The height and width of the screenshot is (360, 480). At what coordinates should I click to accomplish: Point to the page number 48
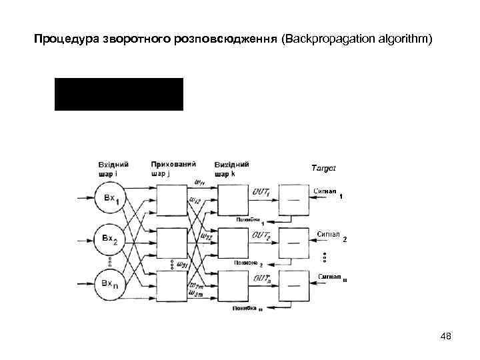pos(446,337)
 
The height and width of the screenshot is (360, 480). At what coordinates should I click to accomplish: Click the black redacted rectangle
pos(119,94)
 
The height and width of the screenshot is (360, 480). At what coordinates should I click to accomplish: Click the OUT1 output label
pos(262,192)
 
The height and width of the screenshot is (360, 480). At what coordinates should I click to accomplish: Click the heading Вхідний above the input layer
pos(113,164)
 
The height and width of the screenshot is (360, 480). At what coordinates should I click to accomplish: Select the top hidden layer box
pos(172,199)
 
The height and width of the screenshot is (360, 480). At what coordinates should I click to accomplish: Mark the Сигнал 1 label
pos(328,192)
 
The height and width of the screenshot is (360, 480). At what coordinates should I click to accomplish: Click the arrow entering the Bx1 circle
pos(85,199)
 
